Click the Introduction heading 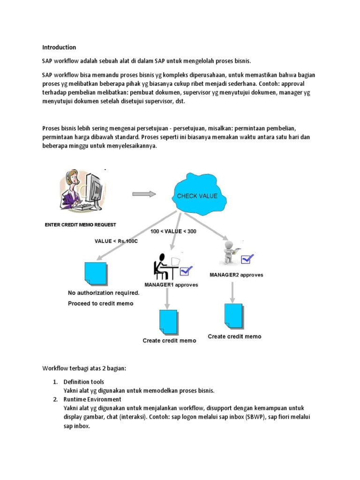pos(59,47)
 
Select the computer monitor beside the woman pos(92,187)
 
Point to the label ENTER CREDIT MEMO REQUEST pos(80,225)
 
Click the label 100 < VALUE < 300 pos(173,232)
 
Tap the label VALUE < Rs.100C pos(117,241)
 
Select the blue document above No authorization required pos(96,274)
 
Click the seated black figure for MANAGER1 pos(162,267)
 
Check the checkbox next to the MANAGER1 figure pos(186,270)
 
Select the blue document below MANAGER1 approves pos(168,321)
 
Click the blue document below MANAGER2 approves pos(233,315)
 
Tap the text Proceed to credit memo pos(100,303)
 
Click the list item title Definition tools pos(84,382)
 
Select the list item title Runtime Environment pos(92,399)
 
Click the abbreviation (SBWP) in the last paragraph pos(253,417)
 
